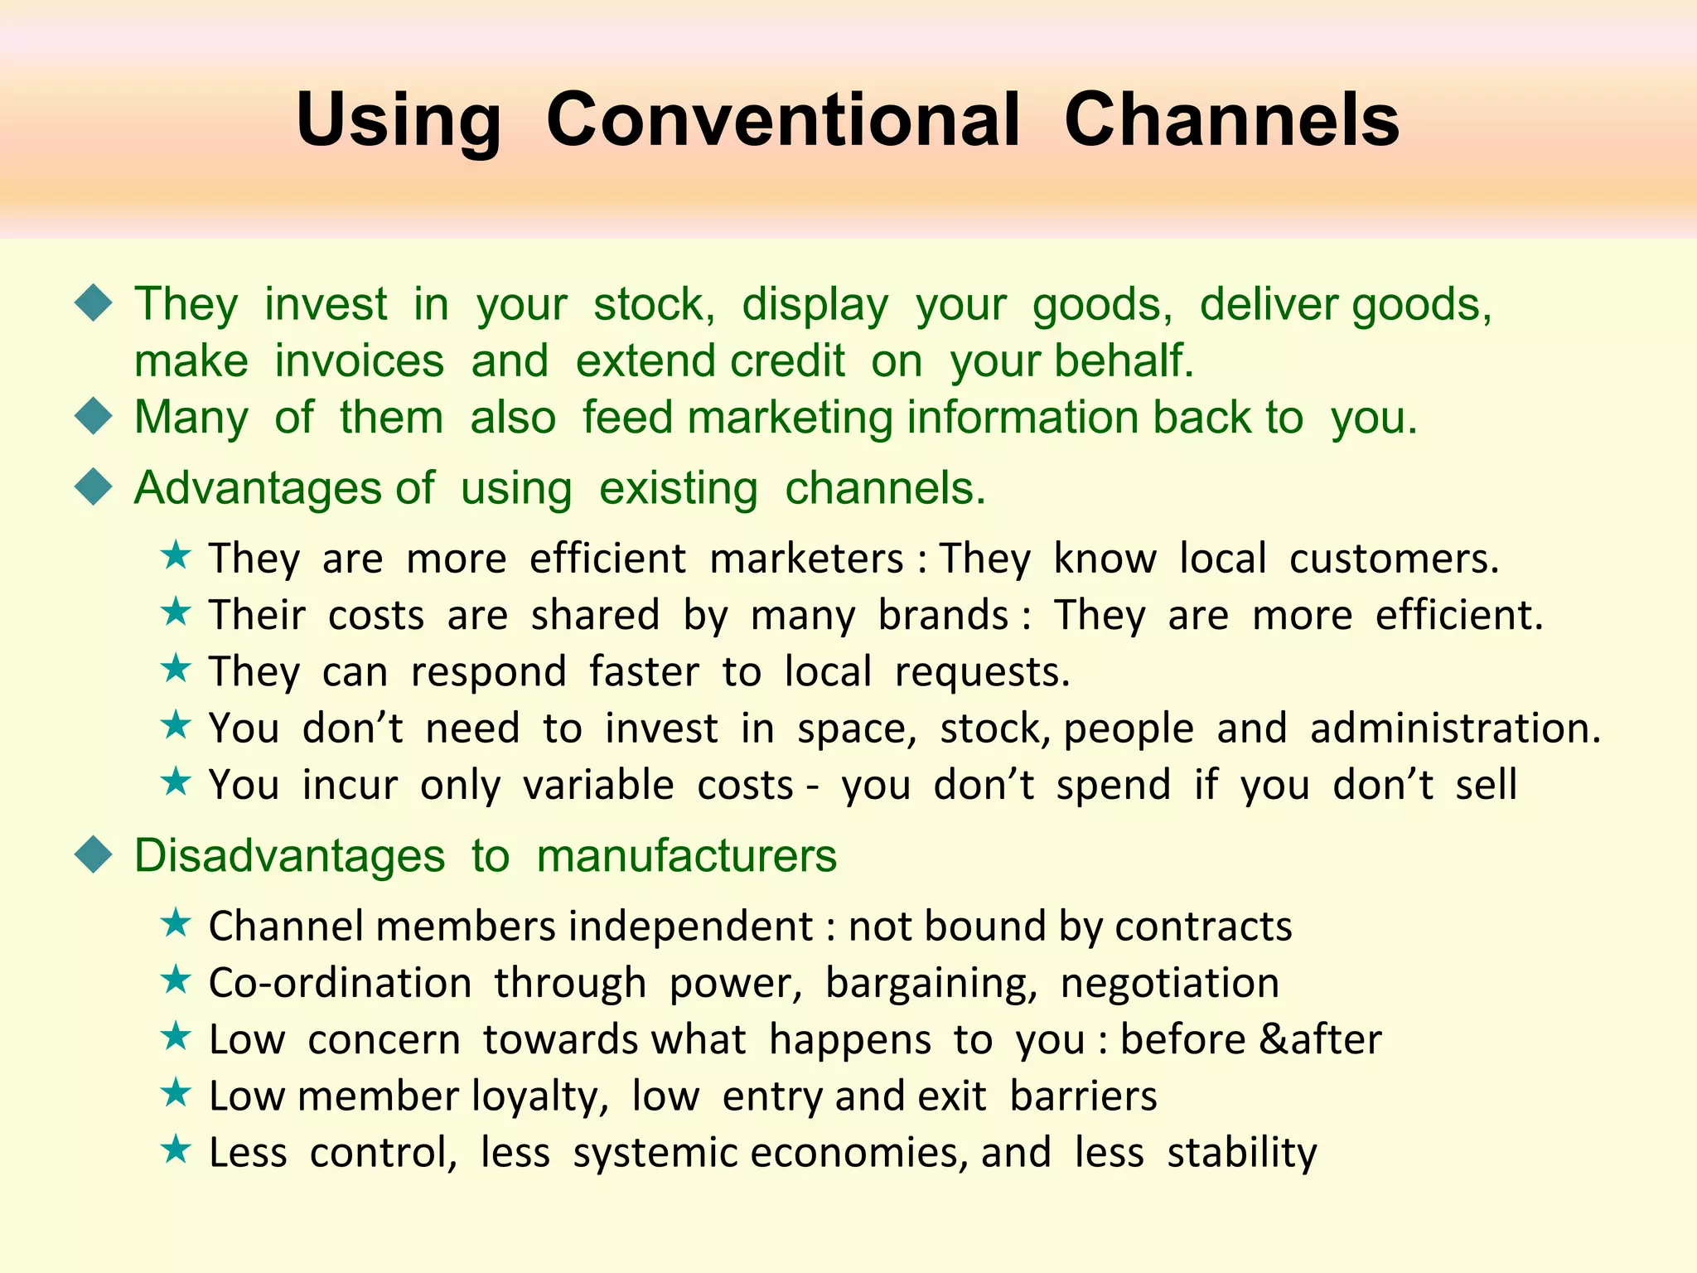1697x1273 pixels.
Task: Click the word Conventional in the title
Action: (782, 120)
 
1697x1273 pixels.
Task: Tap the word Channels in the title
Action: (1231, 120)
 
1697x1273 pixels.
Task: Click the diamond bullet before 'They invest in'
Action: (94, 303)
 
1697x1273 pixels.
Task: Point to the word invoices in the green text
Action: (359, 361)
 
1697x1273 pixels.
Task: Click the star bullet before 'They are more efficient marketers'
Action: (176, 555)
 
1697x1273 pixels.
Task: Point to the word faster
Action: (644, 671)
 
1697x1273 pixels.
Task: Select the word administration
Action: (1455, 728)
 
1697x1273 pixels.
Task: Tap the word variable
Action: (598, 785)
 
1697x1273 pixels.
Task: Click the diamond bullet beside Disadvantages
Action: (94, 854)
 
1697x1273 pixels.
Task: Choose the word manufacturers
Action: (686, 856)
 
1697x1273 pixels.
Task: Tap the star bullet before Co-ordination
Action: (176, 980)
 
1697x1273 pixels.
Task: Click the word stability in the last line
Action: (1241, 1154)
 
